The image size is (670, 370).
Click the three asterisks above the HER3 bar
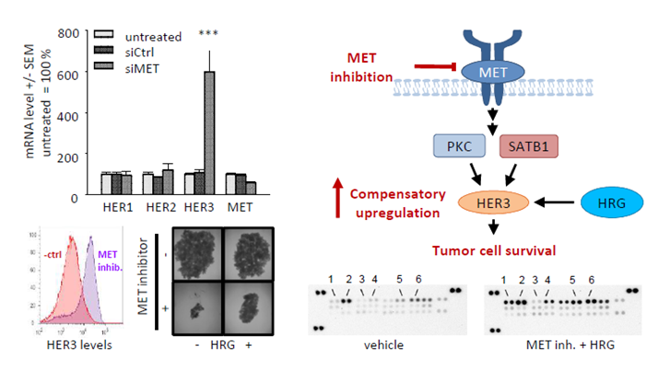click(x=210, y=35)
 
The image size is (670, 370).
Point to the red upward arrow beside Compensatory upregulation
click(x=338, y=197)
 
